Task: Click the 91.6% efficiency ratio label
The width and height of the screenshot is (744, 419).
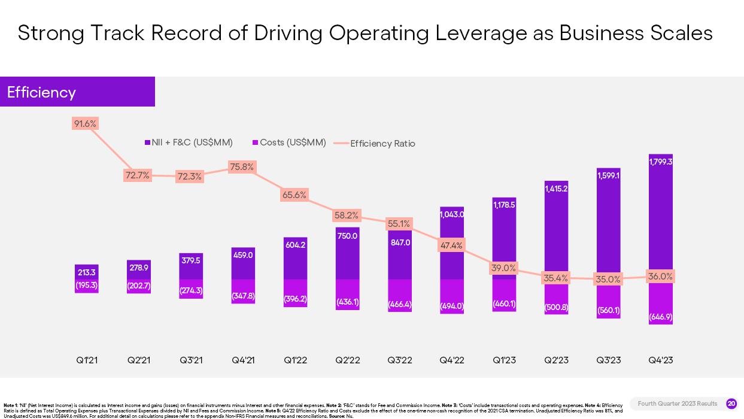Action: (x=85, y=124)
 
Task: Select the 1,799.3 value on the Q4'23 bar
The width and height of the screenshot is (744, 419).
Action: (x=661, y=162)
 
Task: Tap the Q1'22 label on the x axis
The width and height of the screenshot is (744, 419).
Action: (x=295, y=360)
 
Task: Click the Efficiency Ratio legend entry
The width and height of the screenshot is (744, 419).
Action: (x=382, y=144)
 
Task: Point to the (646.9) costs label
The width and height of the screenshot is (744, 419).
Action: (x=661, y=317)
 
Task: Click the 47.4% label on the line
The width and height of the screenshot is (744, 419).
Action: (x=451, y=245)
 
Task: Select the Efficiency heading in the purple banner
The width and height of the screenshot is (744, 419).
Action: (x=41, y=92)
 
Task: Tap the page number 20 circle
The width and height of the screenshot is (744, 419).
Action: (x=731, y=403)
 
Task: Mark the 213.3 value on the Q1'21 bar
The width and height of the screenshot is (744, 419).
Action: (x=87, y=272)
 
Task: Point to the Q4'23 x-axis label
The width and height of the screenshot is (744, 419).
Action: (x=661, y=360)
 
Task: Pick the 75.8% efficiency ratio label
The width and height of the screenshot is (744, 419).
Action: (x=242, y=167)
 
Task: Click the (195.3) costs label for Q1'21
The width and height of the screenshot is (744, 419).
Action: (x=87, y=286)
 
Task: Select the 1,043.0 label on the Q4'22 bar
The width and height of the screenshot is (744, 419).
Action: (x=452, y=214)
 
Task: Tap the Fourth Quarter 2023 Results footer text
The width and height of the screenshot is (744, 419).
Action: (x=677, y=403)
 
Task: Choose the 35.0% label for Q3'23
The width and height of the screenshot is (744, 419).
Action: (x=608, y=279)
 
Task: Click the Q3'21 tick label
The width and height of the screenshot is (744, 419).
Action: (x=191, y=360)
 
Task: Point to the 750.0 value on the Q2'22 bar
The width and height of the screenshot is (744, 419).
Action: (x=347, y=236)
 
